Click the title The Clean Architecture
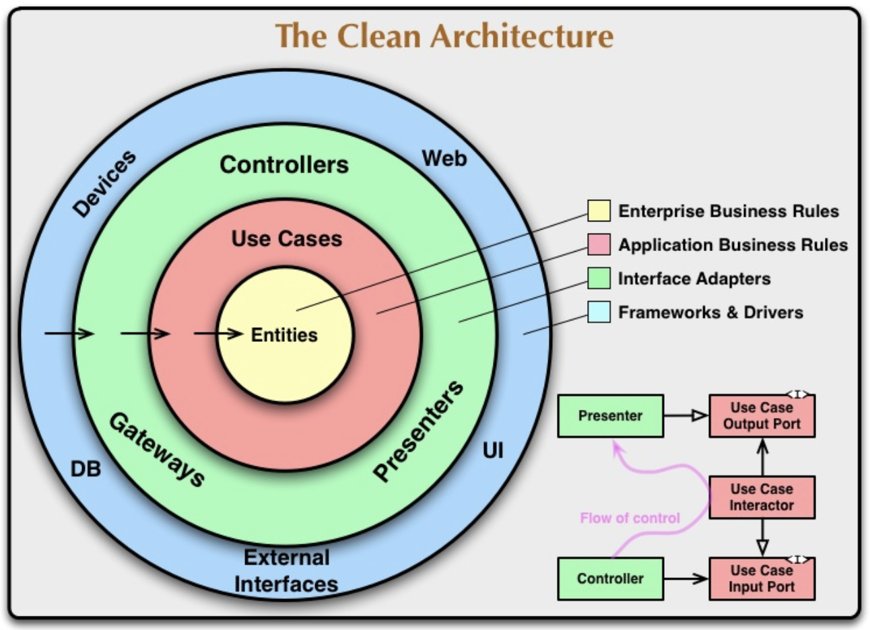point(444,36)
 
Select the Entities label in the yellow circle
point(284,335)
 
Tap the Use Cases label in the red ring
point(287,239)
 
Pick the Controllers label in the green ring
point(284,165)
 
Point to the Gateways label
point(157,449)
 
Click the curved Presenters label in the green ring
point(419,431)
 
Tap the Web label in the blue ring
point(444,159)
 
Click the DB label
point(86,469)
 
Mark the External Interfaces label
point(286,571)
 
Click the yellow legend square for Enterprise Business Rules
point(599,211)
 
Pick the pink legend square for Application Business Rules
point(599,244)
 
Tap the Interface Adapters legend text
point(694,279)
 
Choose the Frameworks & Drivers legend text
point(710,312)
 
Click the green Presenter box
point(610,416)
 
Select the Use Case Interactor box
point(762,497)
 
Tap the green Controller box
point(610,578)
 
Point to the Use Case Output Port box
point(762,416)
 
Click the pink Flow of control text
point(630,518)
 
